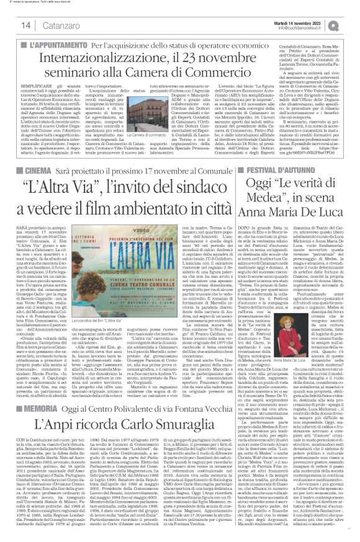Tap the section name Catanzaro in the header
coord(59,25)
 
